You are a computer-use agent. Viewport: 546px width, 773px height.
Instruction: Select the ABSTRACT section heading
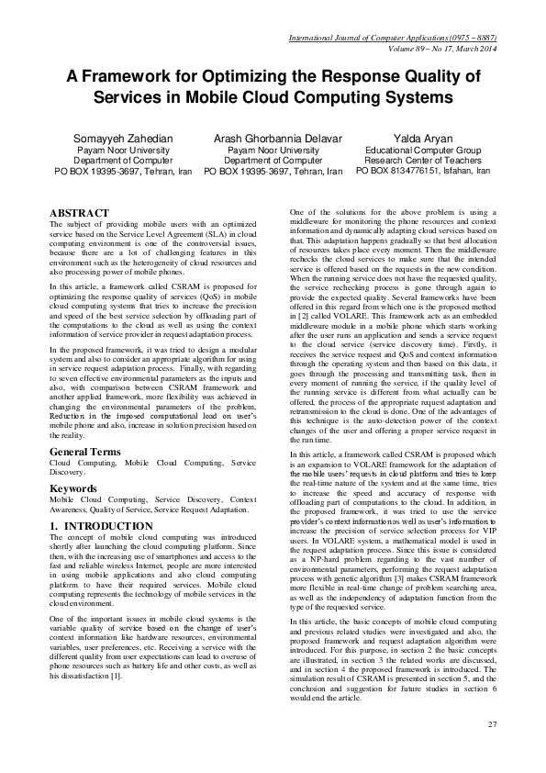80,212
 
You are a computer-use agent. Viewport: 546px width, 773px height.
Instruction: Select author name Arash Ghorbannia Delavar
273,138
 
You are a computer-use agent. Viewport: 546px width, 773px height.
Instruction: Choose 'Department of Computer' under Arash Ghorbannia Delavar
273,160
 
